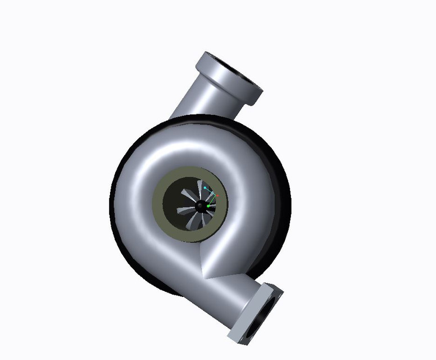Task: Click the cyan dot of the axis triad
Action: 206,187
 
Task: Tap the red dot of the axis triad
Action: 217,195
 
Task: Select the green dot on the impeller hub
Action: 208,207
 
